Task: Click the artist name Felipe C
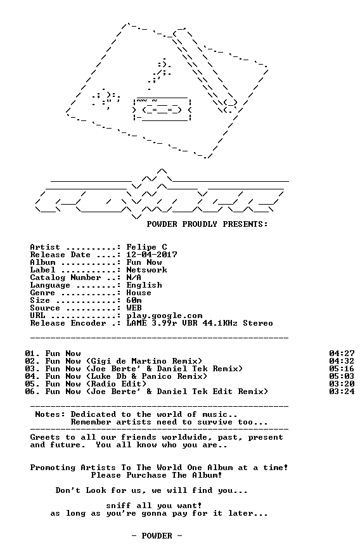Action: (146, 247)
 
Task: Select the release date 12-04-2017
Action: (152, 255)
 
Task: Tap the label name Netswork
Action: (146, 270)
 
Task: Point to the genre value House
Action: (139, 293)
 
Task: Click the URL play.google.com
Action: (164, 316)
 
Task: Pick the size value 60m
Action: (134, 300)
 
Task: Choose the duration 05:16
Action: (342, 369)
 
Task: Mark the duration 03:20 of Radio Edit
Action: (342, 384)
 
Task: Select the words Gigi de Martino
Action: (129, 361)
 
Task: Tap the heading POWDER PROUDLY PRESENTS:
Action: (207, 224)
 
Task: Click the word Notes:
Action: (50, 414)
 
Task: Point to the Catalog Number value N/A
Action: (134, 277)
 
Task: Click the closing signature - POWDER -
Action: (157, 536)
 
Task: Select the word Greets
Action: (45, 437)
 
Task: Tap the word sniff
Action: (119, 506)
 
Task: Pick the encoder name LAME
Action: (136, 323)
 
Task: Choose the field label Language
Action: (50, 285)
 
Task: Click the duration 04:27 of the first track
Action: (342, 354)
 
